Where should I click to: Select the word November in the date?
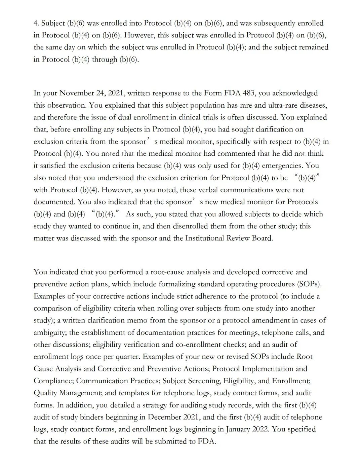pyautogui.click(x=76, y=93)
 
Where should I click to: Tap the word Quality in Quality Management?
pyautogui.click(x=45, y=393)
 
